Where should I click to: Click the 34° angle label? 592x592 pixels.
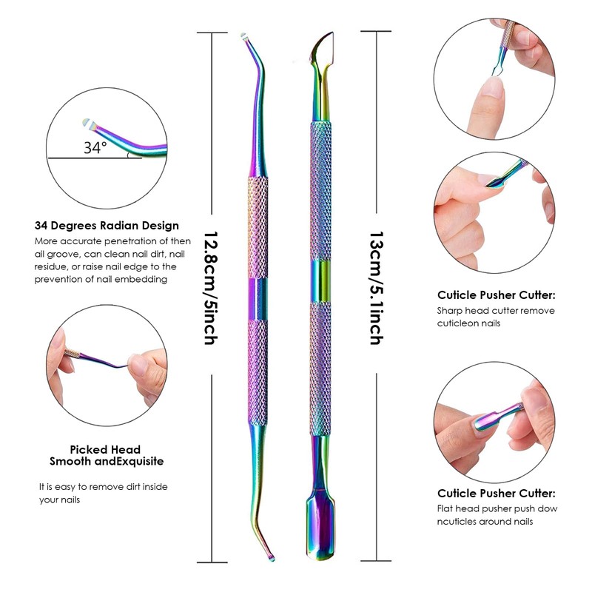[x=95, y=147]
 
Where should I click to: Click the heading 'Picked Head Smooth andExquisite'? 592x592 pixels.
[x=106, y=455]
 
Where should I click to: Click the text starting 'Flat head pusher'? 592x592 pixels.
[x=497, y=514]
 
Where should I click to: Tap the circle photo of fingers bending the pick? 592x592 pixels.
[x=105, y=358]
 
